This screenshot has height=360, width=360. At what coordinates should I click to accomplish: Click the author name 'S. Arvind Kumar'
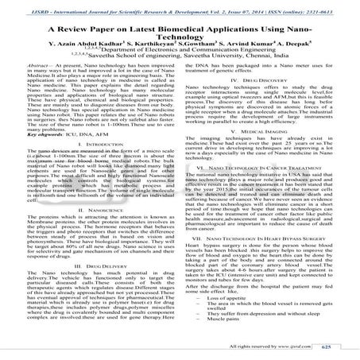click(245, 44)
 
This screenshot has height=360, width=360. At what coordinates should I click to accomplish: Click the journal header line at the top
click(180, 6)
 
